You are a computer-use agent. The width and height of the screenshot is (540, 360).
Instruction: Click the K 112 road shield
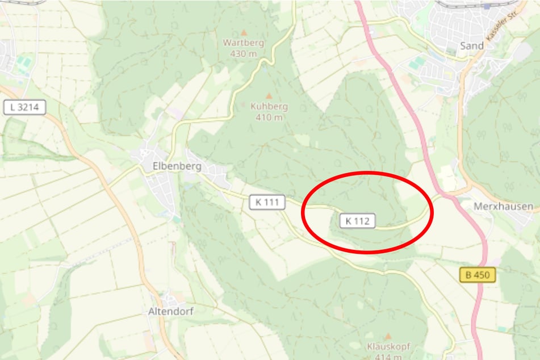(358, 221)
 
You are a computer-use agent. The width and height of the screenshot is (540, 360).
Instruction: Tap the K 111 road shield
(266, 202)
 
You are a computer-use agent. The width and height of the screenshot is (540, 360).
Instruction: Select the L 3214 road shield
(24, 107)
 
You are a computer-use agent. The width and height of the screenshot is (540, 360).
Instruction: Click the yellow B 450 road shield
(478, 275)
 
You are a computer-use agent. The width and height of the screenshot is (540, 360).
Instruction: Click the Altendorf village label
(170, 311)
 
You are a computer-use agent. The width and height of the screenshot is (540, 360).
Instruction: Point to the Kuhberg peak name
(269, 107)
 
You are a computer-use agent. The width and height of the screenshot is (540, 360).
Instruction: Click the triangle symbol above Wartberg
(244, 33)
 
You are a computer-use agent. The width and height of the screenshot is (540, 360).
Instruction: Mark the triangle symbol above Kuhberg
(269, 96)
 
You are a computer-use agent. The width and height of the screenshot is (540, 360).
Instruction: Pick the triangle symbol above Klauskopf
(388, 336)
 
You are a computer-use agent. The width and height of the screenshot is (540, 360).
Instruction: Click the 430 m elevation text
(244, 53)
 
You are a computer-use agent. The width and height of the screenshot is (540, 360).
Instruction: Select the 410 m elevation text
(269, 117)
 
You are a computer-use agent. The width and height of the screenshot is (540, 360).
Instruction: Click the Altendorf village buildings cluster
(169, 299)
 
